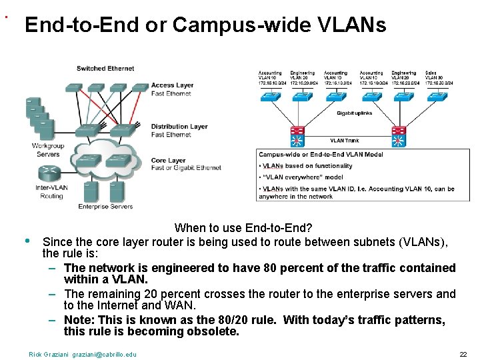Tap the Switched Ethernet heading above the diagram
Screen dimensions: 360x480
[105, 68]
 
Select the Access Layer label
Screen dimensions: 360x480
[172, 85]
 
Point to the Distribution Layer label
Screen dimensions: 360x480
[179, 127]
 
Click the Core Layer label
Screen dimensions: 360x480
[168, 161]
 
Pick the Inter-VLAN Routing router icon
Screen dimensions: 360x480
[49, 175]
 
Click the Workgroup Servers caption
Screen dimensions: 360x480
[48, 150]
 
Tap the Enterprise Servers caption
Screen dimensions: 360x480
[105, 207]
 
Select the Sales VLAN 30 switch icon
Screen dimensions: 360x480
[439, 97]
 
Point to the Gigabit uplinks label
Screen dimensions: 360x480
[354, 113]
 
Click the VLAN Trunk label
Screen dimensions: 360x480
[344, 141]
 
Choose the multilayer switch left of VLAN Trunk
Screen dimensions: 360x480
[297, 137]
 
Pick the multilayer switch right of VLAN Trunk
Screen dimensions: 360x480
[399, 137]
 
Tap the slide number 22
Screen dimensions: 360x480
[463, 354]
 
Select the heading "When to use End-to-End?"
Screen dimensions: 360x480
[243, 227]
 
